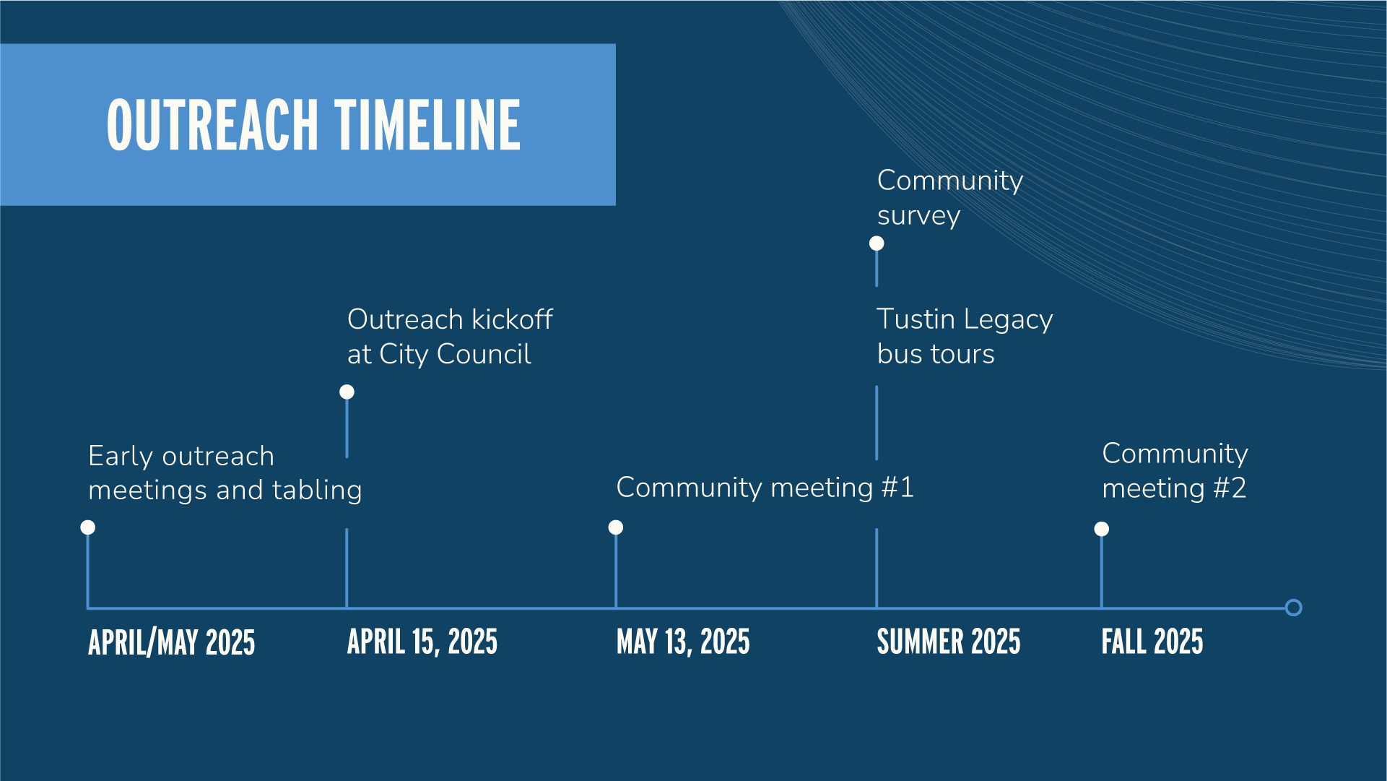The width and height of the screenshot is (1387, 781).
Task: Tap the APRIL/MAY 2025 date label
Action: tap(172, 642)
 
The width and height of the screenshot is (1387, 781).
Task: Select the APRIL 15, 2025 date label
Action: tap(422, 642)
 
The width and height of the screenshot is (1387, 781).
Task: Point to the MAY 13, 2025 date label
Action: tap(683, 642)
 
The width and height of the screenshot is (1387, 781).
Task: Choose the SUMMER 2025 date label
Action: tap(949, 642)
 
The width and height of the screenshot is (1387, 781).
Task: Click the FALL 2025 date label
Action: tap(1152, 642)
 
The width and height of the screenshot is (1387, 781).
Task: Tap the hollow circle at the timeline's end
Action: tap(1293, 608)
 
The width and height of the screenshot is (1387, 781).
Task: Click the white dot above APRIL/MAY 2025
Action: tap(88, 527)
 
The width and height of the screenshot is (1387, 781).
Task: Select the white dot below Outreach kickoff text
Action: tap(347, 392)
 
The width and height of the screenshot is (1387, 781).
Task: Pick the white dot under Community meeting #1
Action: tap(616, 527)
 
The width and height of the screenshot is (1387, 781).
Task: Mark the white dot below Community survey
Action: tap(877, 243)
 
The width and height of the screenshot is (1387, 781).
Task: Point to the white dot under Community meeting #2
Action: tap(1102, 530)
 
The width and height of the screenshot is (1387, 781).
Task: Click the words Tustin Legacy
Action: tap(965, 319)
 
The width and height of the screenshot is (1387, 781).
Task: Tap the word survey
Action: tap(918, 216)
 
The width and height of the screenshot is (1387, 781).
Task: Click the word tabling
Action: tap(317, 491)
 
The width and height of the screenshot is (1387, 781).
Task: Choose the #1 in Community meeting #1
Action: tap(897, 488)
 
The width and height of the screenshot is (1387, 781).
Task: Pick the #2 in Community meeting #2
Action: tap(1230, 488)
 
